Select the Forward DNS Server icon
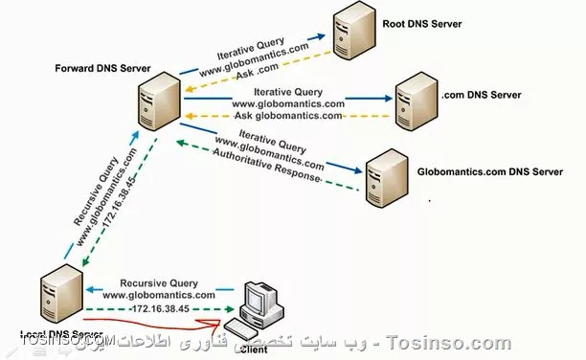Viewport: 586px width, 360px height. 156,102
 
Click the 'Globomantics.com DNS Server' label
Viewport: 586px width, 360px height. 489,172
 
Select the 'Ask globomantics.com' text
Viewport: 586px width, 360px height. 288,116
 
